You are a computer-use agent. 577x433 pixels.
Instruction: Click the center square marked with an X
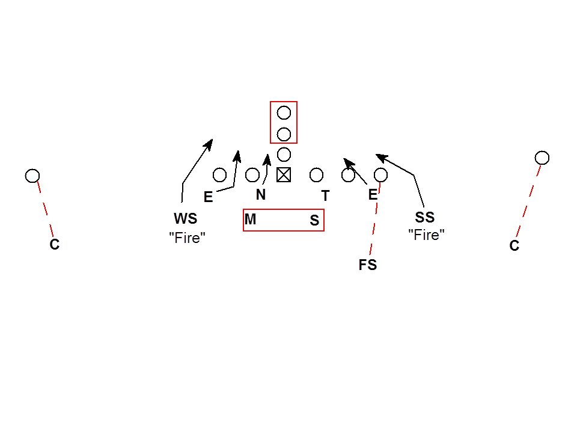point(284,175)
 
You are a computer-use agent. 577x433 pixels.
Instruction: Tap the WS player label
point(186,218)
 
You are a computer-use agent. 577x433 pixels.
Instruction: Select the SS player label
point(424,218)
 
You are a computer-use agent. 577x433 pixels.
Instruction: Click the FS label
point(368,265)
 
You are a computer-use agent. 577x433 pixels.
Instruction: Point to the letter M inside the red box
point(251,220)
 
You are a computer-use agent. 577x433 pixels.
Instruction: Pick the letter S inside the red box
point(314,221)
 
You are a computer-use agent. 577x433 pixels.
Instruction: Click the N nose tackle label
point(261,195)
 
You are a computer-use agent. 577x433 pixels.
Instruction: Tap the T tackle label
point(325,195)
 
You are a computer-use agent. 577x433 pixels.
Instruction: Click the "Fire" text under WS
point(188,237)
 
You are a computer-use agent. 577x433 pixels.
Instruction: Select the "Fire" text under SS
point(426,235)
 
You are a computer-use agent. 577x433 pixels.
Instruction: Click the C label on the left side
point(55,245)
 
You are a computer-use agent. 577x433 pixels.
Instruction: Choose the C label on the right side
point(514,246)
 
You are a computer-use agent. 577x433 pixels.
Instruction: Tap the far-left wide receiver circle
point(32,176)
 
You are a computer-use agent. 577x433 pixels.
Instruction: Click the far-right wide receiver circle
point(542,158)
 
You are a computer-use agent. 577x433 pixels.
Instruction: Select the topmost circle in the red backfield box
point(284,112)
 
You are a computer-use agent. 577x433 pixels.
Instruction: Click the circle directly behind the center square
point(284,155)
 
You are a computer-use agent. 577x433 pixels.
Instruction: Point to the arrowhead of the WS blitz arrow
point(210,143)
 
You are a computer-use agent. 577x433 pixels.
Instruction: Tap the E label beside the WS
point(209,197)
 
